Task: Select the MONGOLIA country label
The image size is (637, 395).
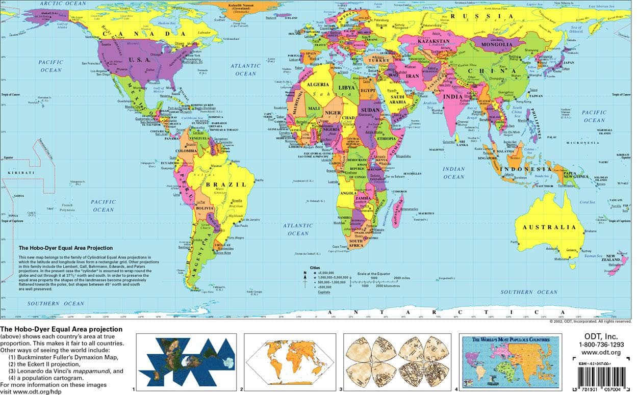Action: pyautogui.click(x=494, y=44)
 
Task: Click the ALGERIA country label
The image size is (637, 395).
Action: pyautogui.click(x=318, y=84)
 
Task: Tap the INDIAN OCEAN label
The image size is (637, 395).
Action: pyautogui.click(x=453, y=173)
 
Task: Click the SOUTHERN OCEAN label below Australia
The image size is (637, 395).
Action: pyautogui.click(x=529, y=292)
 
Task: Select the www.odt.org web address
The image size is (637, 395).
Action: pyautogui.click(x=600, y=353)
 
